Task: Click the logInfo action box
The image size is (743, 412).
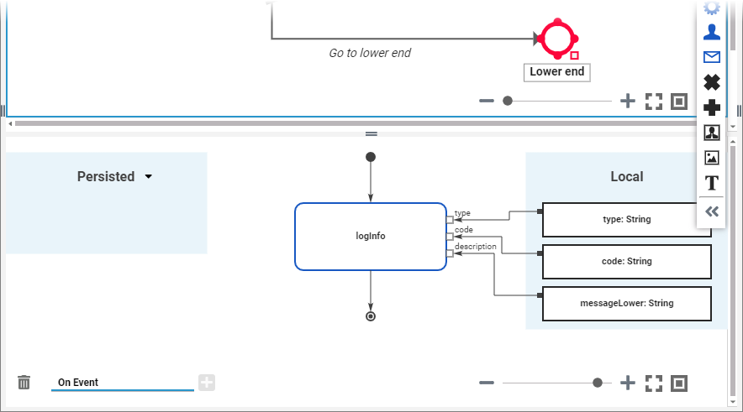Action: coord(370,237)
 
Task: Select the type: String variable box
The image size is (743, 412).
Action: coord(627,220)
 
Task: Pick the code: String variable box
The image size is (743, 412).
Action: coord(627,262)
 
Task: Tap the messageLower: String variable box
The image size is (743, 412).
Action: coord(627,303)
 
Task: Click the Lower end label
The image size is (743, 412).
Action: coord(556,72)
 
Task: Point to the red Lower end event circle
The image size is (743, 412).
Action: coord(556,38)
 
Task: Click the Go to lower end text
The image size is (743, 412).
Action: coord(370,53)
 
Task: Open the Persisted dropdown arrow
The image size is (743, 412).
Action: coord(149,177)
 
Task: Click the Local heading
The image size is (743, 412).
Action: coord(626,177)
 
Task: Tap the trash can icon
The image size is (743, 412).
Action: coord(24,383)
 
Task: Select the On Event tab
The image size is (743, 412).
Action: coord(78,383)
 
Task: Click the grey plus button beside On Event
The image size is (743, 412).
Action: coord(207,383)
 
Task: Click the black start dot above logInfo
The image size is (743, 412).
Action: coord(371,157)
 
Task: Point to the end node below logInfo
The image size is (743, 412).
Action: coord(371,316)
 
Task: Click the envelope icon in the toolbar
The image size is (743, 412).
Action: coord(712,57)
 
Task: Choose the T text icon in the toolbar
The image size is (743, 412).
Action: coord(712,183)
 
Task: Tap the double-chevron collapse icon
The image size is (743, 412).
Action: coord(712,211)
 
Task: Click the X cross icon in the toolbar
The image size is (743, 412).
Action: coord(712,82)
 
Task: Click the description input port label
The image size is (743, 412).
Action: coord(475,247)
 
